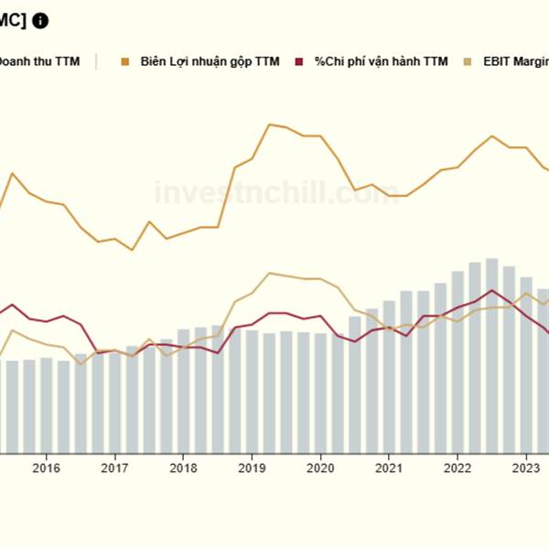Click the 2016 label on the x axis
(46, 468)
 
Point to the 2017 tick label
(114, 468)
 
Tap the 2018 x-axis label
(183, 468)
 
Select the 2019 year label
(252, 468)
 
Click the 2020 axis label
(320, 468)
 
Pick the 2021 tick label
(389, 468)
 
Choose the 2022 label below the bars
(457, 468)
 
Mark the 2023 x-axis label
(525, 468)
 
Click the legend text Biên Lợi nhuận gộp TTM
(210, 62)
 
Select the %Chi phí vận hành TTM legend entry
(382, 62)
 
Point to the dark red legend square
(299, 62)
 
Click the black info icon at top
(40, 20)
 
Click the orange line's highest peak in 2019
(270, 124)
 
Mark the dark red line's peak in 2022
(492, 290)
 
